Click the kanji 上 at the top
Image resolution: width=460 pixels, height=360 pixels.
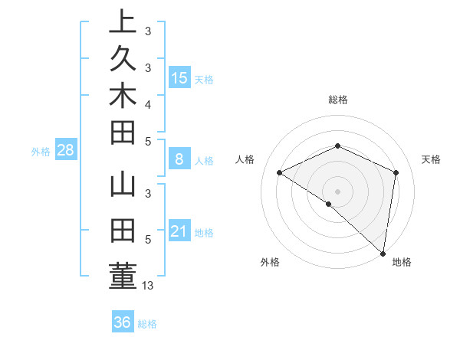[x=123, y=21]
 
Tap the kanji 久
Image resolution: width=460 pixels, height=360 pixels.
[x=123, y=58]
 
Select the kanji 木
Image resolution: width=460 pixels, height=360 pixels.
[x=123, y=95]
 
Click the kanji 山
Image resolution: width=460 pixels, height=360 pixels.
[x=123, y=188]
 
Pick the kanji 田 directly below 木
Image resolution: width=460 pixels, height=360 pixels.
[x=123, y=132]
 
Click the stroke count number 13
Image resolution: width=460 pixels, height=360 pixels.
[x=149, y=286]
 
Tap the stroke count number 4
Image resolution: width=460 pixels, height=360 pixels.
[x=148, y=103]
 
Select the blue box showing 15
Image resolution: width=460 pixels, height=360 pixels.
[x=179, y=77]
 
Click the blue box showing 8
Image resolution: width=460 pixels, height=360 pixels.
[x=179, y=159]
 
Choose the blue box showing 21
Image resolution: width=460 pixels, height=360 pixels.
[x=179, y=231]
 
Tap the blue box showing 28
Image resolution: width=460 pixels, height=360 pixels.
[x=65, y=150]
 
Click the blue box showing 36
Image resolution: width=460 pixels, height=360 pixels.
[x=122, y=322]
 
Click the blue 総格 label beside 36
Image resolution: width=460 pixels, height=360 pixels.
[x=147, y=324]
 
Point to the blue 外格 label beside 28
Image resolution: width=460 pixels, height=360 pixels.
[x=41, y=152]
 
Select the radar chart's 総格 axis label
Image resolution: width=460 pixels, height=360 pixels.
[x=338, y=100]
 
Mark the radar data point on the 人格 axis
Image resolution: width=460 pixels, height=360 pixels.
[x=280, y=172]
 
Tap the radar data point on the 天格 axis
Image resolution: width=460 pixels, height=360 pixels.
[x=396, y=172]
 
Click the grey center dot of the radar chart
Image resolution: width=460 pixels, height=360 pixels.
[x=338, y=191]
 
